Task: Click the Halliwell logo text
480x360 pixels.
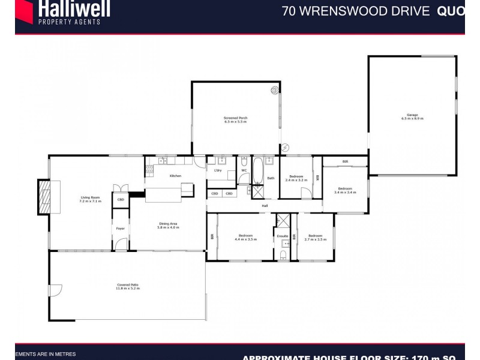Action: [74, 8]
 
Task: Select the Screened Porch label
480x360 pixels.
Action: [235, 118]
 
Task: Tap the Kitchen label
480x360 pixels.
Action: [175, 176]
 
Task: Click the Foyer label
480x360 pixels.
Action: [121, 228]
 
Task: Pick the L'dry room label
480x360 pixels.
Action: [218, 170]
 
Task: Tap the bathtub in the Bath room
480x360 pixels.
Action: [257, 170]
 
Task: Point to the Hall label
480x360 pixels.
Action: [264, 206]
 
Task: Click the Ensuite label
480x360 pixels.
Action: [283, 236]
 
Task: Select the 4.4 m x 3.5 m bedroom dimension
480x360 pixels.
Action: [245, 239]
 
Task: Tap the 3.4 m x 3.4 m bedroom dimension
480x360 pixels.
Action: [345, 193]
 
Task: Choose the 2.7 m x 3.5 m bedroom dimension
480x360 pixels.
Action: [316, 239]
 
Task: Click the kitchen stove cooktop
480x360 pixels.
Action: [162, 161]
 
